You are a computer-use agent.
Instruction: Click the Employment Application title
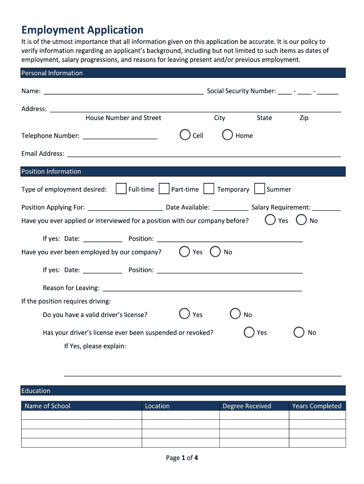coord(82,30)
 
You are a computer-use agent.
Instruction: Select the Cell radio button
coord(185,135)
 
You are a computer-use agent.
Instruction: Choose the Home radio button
coord(227,135)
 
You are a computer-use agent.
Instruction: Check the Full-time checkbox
coord(121,189)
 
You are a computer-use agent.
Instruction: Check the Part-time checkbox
coord(164,189)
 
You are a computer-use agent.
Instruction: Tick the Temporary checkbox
coord(208,189)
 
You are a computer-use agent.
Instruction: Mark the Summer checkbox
coord(259,189)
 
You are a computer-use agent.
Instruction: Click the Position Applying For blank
coord(125,208)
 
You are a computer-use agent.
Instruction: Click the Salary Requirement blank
coord(326,208)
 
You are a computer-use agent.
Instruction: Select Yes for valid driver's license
coord(185,314)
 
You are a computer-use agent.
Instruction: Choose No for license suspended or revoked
coord(299,332)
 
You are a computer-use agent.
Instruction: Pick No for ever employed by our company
coord(215,252)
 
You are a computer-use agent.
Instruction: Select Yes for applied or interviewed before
coord(270,220)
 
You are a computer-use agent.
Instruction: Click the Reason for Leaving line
coord(202,288)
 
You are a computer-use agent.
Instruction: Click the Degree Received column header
coord(247,406)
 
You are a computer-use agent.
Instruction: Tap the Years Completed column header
coord(316,406)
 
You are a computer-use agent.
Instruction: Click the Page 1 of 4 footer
coord(182,458)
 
